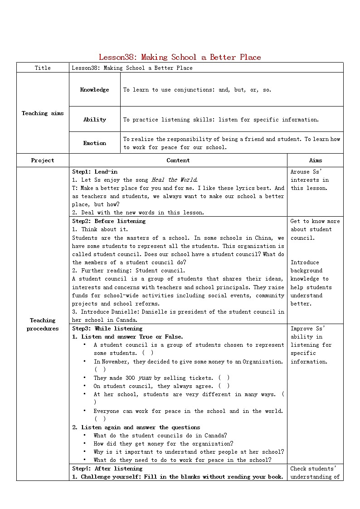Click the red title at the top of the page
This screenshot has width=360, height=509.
(180, 57)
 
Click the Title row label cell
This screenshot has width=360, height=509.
(43, 68)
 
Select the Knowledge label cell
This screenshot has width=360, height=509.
(94, 90)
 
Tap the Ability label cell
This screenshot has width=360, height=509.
(94, 120)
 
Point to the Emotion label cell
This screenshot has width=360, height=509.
(94, 143)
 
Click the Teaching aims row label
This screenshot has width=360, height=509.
(43, 113)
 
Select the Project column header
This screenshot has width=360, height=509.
(43, 160)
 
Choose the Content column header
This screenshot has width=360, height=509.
(178, 160)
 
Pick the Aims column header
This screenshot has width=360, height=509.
(316, 160)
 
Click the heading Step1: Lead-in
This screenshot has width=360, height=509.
(95, 172)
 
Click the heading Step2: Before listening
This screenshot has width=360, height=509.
(109, 221)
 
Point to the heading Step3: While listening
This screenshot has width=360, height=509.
(107, 329)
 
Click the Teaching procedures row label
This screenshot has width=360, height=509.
(43, 325)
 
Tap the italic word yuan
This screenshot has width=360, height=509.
(145, 378)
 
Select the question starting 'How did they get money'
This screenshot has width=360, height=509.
(163, 444)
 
